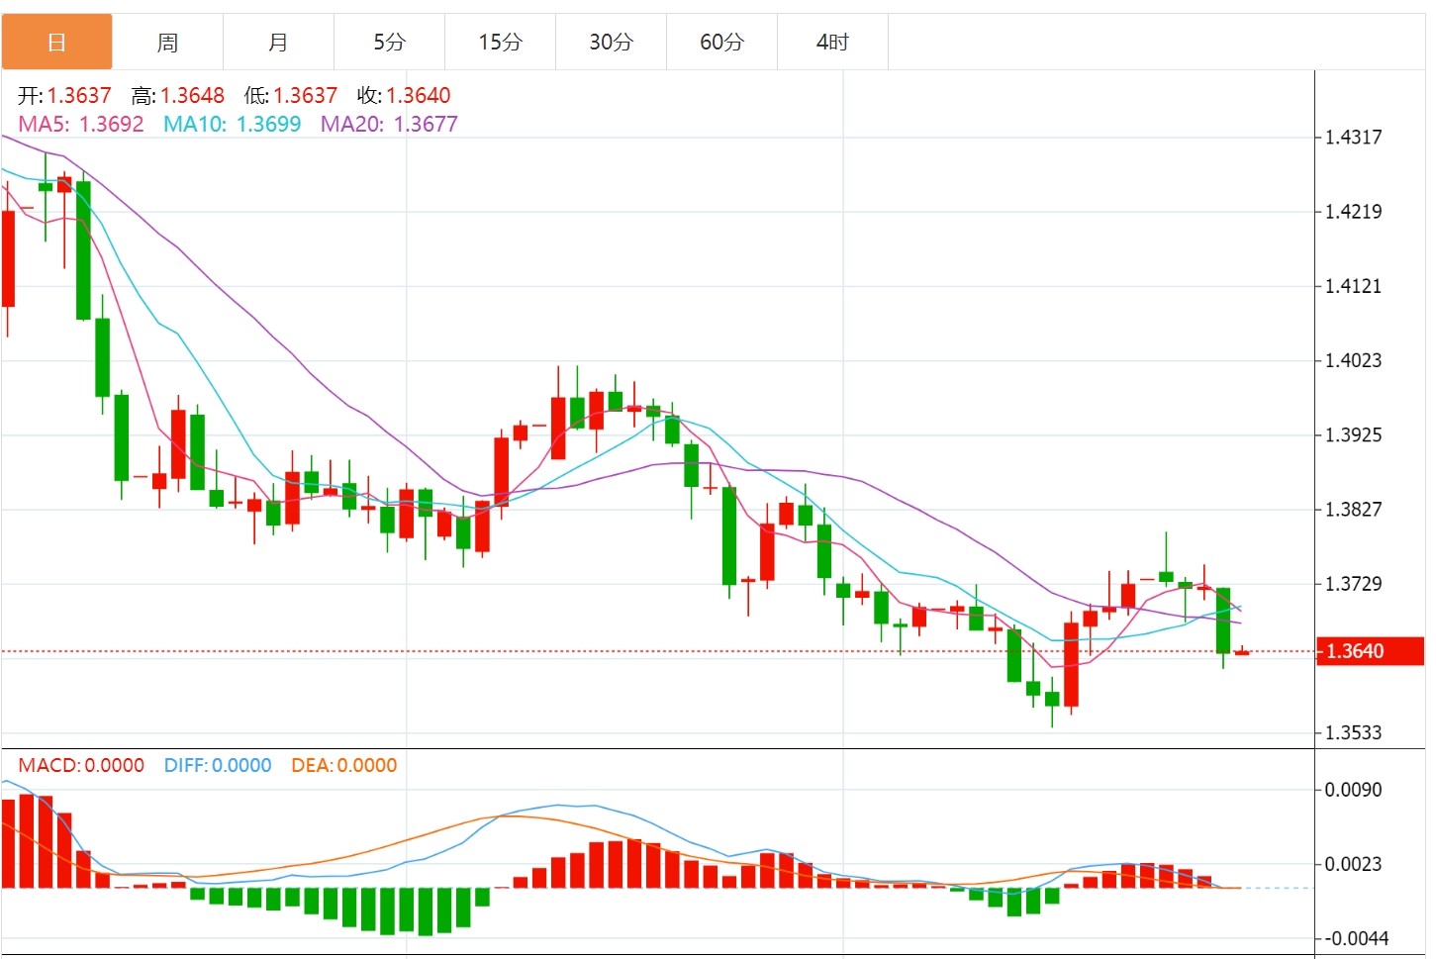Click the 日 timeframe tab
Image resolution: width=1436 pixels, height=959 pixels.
tap(56, 43)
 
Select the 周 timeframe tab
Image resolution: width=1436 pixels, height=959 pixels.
tap(167, 43)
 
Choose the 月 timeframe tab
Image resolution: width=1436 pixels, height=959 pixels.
tap(278, 43)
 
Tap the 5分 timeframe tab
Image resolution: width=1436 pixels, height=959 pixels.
tap(389, 43)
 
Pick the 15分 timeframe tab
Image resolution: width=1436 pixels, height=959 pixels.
tap(500, 43)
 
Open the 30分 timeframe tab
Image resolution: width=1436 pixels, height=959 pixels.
tap(611, 43)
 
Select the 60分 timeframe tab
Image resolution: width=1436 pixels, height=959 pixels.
tap(721, 43)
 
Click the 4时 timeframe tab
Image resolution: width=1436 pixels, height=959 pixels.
tap(832, 43)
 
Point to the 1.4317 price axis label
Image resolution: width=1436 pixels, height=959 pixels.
tap(1353, 138)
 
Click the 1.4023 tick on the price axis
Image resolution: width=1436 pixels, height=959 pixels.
tap(1353, 360)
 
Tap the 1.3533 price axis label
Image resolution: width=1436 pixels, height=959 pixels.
tap(1353, 733)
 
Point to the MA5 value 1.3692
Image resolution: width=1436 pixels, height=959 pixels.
tap(111, 125)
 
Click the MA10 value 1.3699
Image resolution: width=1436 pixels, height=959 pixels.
tap(268, 125)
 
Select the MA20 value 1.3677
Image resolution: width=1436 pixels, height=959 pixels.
tap(426, 125)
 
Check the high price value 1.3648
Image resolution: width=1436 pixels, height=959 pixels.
tap(192, 96)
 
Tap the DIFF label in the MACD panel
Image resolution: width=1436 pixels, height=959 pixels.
tap(185, 766)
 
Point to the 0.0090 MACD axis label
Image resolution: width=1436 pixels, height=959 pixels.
tap(1353, 790)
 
